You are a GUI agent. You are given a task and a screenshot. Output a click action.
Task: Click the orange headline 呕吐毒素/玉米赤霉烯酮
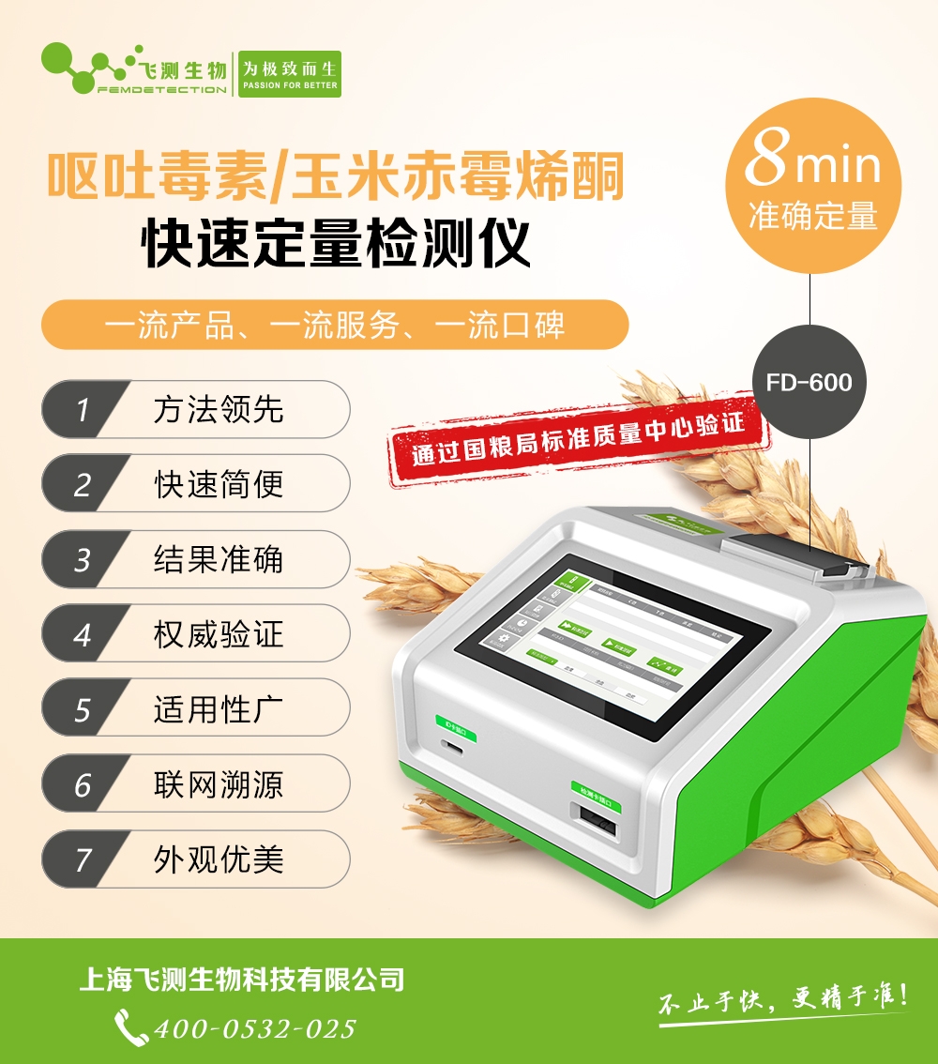(x=336, y=176)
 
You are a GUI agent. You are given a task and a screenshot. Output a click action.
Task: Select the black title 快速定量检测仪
(x=336, y=244)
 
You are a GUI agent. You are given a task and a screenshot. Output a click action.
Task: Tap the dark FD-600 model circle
(x=809, y=382)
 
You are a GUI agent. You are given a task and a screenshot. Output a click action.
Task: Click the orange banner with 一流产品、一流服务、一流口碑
(x=335, y=325)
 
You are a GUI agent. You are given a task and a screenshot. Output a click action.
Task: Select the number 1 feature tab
(x=84, y=410)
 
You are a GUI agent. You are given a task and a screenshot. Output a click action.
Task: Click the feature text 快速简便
(x=219, y=484)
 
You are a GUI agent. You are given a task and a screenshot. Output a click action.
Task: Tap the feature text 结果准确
(x=219, y=559)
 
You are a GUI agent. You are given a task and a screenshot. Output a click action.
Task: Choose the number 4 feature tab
(x=84, y=634)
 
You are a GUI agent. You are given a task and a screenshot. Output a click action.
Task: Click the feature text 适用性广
(x=219, y=709)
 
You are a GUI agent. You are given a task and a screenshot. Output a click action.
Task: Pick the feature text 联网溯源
(x=219, y=784)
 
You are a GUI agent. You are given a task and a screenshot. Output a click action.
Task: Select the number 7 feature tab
(x=84, y=859)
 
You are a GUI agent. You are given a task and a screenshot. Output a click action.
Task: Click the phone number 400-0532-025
(x=253, y=1028)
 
